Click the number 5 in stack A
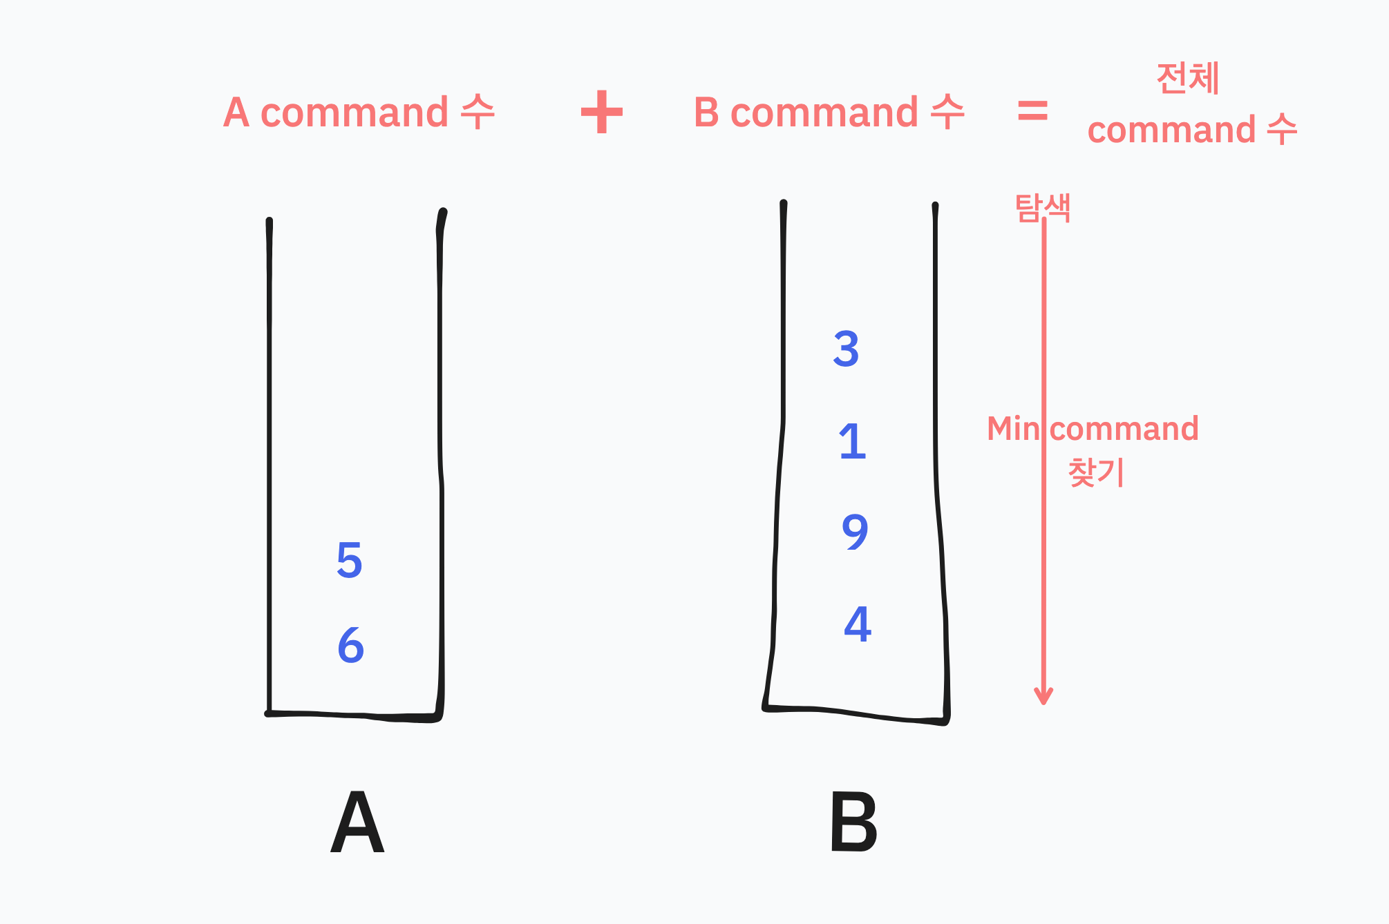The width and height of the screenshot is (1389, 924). click(x=350, y=560)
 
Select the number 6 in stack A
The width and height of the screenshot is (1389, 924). click(x=350, y=645)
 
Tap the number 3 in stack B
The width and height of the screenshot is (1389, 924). click(x=846, y=349)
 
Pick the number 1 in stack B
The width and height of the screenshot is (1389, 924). click(x=852, y=441)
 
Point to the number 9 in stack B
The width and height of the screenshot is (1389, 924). click(x=855, y=532)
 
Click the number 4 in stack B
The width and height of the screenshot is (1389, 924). click(x=858, y=624)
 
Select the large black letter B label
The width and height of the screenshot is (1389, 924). click(x=853, y=822)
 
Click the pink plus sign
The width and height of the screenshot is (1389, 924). click(x=602, y=112)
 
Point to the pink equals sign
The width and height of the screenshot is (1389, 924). click(x=1032, y=110)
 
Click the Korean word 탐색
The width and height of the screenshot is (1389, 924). click(x=1043, y=207)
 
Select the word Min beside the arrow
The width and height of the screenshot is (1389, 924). click(x=1012, y=429)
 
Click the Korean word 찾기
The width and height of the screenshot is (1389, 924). click(x=1096, y=473)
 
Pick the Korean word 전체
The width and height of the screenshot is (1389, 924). click(x=1188, y=78)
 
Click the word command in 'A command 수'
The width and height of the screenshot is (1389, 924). click(x=355, y=113)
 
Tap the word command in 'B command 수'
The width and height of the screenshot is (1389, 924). click(x=824, y=113)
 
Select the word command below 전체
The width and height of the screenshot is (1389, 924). click(x=1171, y=130)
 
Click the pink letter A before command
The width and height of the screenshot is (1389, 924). click(x=236, y=113)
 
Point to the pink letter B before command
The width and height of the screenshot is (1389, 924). click(x=706, y=113)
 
